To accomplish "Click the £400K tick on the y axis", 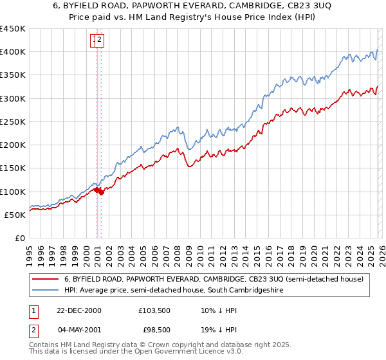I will coord(12,52).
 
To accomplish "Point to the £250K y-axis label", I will coord(12,122).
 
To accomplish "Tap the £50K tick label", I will coord(15,215).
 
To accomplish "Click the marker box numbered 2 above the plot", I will coord(101,40).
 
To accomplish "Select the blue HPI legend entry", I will coord(174,291).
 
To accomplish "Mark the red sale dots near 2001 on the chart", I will coord(98,191).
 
